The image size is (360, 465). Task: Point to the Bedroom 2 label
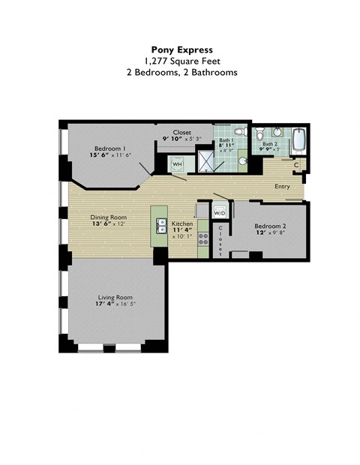click(269, 226)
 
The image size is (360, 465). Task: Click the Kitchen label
click(182, 224)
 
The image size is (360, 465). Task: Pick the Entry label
click(282, 187)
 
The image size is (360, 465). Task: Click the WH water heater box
click(177, 163)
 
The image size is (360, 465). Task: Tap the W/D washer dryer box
click(220, 213)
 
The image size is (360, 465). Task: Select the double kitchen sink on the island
click(161, 223)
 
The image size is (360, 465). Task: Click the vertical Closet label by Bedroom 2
click(220, 239)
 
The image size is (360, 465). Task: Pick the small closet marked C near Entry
click(297, 164)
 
